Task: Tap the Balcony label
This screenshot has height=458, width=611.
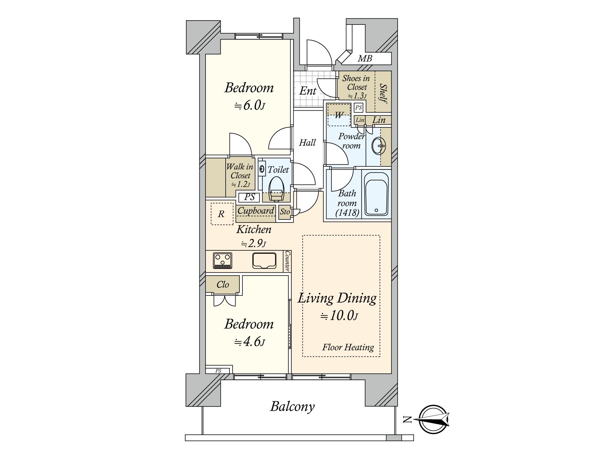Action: [x=292, y=406]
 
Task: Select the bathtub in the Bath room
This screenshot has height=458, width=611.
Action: [x=377, y=194]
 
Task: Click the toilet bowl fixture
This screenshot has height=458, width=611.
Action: [x=276, y=188]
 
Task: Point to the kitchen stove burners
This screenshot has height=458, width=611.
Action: [x=222, y=261]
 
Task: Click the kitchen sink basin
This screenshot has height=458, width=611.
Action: [x=264, y=261]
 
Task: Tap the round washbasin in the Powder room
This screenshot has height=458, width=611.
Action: [x=378, y=146]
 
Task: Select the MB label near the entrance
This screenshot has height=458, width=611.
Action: [x=365, y=58]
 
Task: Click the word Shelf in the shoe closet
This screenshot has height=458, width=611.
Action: [x=383, y=94]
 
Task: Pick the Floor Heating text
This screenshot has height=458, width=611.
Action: [x=348, y=347]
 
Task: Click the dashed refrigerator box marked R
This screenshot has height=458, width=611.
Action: [x=222, y=214]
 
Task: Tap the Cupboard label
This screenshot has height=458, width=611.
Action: [x=255, y=211]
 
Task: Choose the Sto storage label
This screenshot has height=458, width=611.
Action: [x=285, y=211]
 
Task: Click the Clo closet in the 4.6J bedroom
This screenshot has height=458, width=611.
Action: [x=223, y=284]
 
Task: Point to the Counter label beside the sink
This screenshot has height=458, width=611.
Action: [x=288, y=261]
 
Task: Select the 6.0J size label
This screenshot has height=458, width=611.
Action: [x=250, y=106]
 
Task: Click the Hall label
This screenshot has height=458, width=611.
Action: [x=307, y=143]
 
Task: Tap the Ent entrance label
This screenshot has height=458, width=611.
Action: [x=307, y=91]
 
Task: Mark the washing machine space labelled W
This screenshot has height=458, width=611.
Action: [x=339, y=115]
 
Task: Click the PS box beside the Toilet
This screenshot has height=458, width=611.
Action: [x=249, y=197]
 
